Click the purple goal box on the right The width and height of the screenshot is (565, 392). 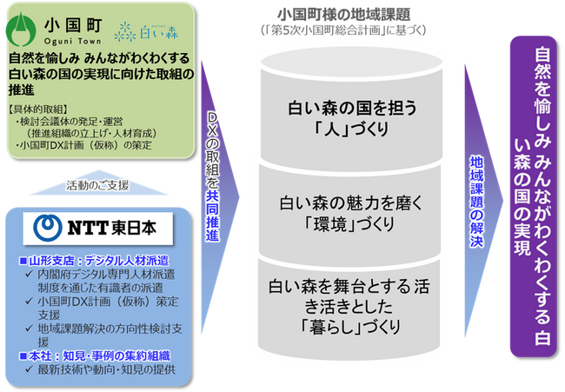[x=534, y=196]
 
